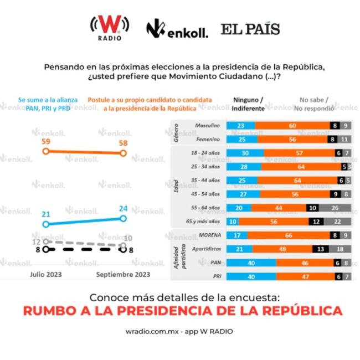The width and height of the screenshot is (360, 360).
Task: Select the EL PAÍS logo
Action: point(250,29)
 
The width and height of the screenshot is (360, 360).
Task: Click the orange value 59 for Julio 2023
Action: point(47,142)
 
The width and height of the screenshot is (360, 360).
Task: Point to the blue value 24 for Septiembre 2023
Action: point(123,209)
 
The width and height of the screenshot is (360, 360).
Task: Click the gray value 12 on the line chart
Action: point(37,242)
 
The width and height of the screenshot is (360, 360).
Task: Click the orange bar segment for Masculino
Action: point(292,126)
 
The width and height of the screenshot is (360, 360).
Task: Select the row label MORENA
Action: point(209,235)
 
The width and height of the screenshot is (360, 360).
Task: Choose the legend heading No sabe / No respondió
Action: point(313,104)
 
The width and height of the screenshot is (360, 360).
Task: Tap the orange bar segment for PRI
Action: point(305,276)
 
